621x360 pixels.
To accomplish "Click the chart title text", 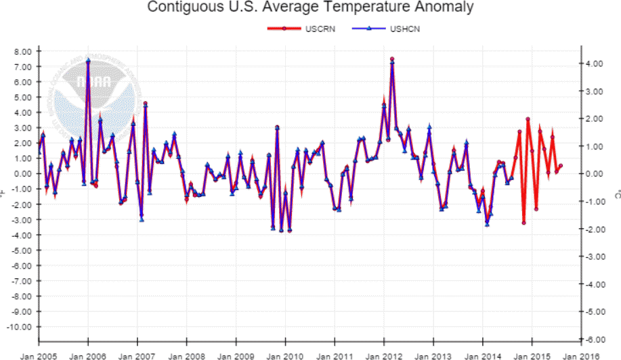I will click(310, 8).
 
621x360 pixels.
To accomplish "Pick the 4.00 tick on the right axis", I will click(594, 64).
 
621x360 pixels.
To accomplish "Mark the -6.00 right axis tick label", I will click(593, 339).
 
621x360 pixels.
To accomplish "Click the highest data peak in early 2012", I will click(392, 60).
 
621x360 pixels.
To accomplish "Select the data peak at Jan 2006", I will click(88, 61).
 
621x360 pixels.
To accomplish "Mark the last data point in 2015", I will click(561, 166).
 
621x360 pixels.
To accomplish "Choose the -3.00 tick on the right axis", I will click(593, 256).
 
